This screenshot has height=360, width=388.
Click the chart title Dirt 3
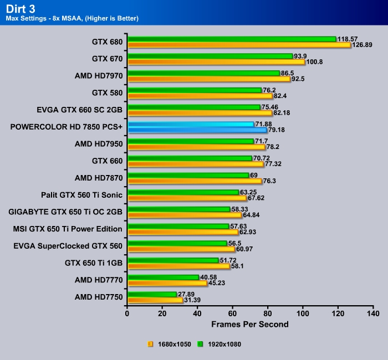point(20,8)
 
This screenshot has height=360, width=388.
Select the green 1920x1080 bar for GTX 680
point(232,39)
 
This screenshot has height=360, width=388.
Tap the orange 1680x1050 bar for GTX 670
point(216,62)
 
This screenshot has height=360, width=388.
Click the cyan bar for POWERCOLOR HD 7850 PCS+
point(191,125)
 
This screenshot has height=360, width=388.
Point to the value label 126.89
point(364,45)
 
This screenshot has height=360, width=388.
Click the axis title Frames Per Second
point(250,323)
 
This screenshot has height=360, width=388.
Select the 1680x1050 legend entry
point(169,344)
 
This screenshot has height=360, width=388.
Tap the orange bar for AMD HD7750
point(155,300)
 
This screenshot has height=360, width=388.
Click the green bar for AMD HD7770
point(163,277)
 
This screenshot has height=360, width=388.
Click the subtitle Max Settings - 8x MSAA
point(72,19)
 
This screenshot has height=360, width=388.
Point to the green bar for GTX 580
point(194,90)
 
